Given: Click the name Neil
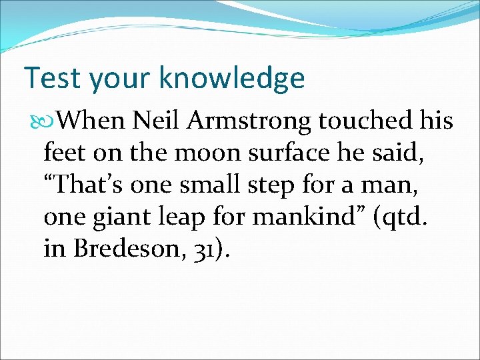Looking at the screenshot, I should click(157, 121).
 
